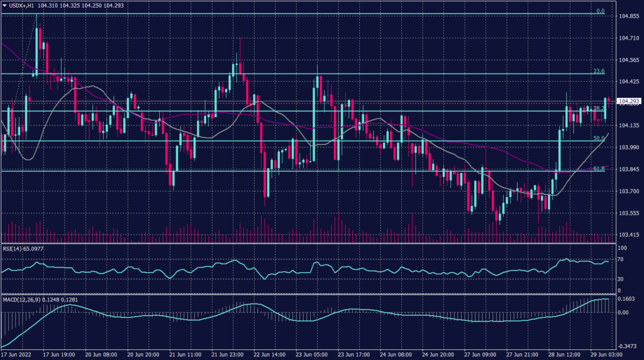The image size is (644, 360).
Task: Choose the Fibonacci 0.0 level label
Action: pyautogui.click(x=600, y=11)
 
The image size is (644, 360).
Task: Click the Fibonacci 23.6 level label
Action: pyautogui.click(x=599, y=71)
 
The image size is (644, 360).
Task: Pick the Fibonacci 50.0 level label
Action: pyautogui.click(x=599, y=138)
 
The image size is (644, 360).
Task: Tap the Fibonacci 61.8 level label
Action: pyautogui.click(x=599, y=169)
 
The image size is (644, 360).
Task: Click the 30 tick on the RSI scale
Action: pyautogui.click(x=620, y=279)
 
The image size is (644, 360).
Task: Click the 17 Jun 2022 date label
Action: pyautogui.click(x=19, y=355)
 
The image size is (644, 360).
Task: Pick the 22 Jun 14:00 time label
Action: pyautogui.click(x=269, y=355)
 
